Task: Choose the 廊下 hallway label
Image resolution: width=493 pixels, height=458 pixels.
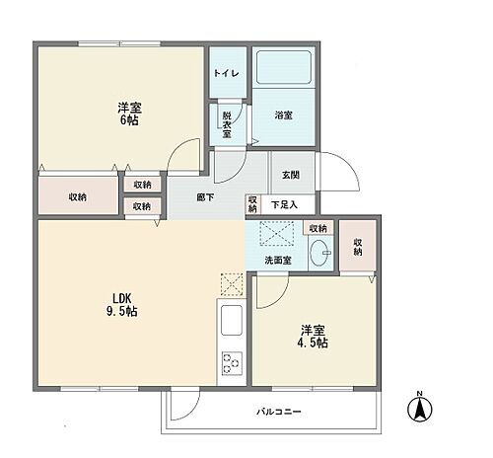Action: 205,196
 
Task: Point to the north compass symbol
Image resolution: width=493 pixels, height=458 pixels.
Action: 419,406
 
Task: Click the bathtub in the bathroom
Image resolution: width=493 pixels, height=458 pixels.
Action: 283,69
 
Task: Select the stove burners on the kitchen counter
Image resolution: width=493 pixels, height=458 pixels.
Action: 232,362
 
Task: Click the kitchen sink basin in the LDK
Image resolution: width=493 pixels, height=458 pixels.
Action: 232,323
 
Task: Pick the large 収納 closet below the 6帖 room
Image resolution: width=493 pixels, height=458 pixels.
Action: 77,197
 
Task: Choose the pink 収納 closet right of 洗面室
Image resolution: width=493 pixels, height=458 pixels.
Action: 358,247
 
